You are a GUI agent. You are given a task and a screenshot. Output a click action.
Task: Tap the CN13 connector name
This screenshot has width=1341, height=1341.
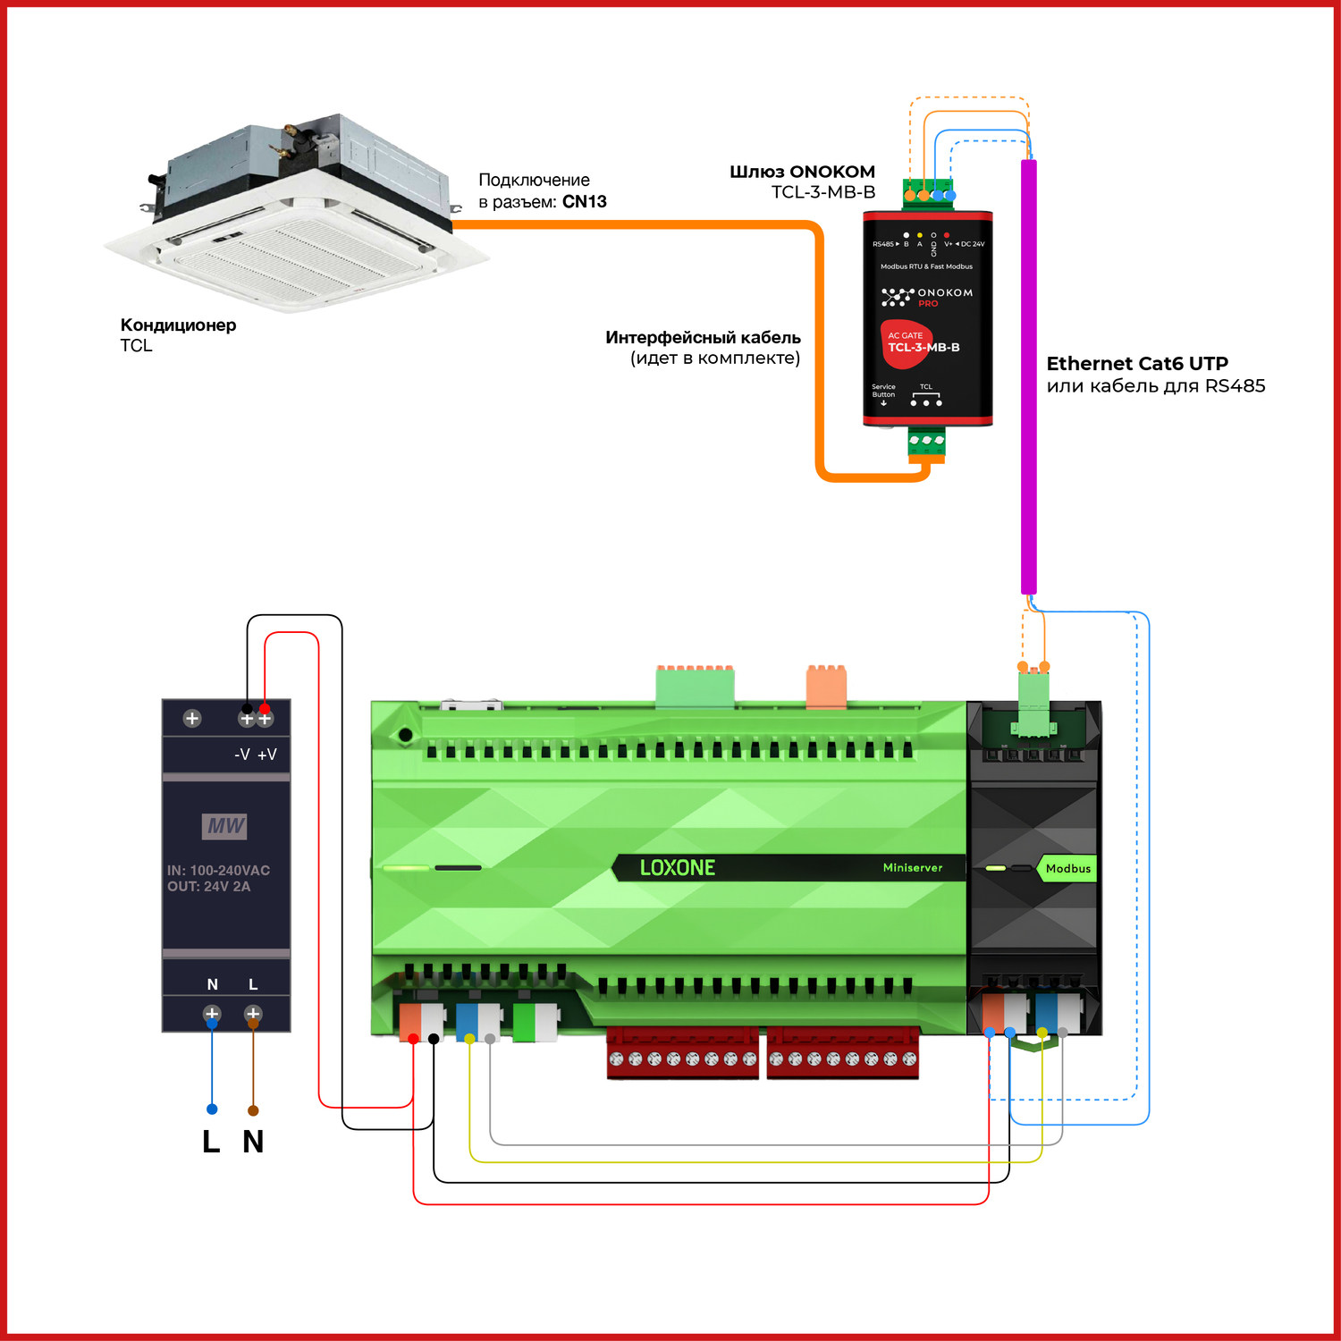pyautogui.click(x=585, y=202)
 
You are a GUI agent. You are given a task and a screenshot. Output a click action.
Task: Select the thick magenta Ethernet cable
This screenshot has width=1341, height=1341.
pyautogui.click(x=1029, y=375)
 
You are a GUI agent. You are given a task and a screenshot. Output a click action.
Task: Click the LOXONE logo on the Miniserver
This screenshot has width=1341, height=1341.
pyautogui.click(x=678, y=868)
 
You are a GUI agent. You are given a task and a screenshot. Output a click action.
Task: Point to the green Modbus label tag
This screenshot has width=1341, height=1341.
pyautogui.click(x=1067, y=868)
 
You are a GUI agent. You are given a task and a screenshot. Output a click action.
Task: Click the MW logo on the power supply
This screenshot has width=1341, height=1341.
pyautogui.click(x=224, y=826)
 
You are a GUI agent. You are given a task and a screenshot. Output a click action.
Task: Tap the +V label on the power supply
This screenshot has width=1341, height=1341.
pyautogui.click(x=267, y=755)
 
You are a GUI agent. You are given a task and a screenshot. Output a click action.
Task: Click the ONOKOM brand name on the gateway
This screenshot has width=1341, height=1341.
pyautogui.click(x=944, y=292)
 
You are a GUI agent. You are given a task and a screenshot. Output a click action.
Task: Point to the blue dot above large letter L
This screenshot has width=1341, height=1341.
pyautogui.click(x=212, y=1109)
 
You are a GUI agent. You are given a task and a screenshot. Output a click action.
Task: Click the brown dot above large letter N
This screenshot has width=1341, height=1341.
pyautogui.click(x=253, y=1110)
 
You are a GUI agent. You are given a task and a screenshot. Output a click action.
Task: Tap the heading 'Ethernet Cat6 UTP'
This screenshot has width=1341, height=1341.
pyautogui.click(x=1137, y=363)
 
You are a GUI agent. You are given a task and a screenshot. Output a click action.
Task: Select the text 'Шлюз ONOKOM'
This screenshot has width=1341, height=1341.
pyautogui.click(x=802, y=172)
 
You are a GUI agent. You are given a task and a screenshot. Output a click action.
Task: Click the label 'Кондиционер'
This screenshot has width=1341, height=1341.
pyautogui.click(x=178, y=325)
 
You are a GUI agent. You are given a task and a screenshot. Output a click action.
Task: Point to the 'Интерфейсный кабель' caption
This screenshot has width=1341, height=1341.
pyautogui.click(x=703, y=338)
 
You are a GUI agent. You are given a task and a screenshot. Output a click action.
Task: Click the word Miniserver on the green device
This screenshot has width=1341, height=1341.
pyautogui.click(x=912, y=868)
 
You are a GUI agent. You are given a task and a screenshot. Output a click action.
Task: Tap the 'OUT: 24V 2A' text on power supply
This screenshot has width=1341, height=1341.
pyautogui.click(x=209, y=887)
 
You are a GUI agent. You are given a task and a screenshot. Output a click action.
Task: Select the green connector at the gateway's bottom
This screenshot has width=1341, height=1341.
pyautogui.click(x=926, y=443)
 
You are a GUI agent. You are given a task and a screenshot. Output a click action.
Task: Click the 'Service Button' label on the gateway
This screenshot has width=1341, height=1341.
pyautogui.click(x=883, y=391)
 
